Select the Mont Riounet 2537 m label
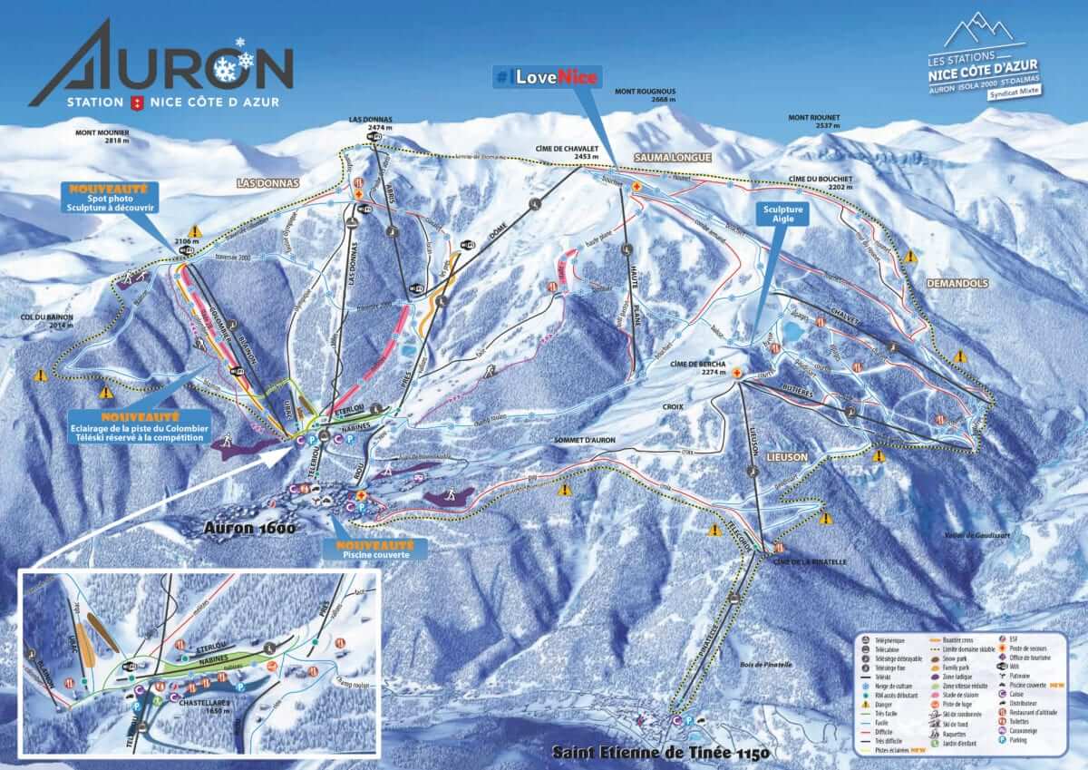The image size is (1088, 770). click(x=813, y=122)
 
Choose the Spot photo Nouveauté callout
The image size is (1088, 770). click(x=109, y=197)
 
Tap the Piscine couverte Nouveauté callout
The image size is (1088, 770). click(x=374, y=550)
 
